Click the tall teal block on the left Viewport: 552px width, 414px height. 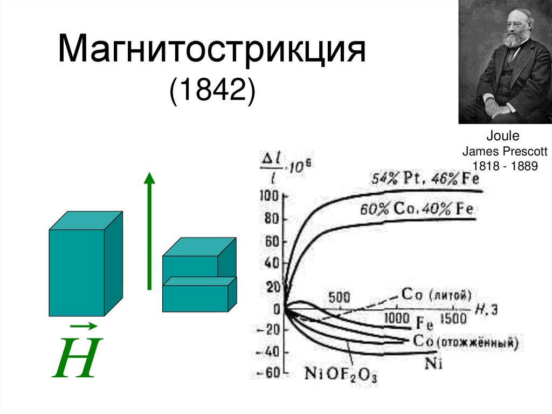click(76, 273)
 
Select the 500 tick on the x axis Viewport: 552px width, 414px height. click(339, 297)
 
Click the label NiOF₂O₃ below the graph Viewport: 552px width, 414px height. click(341, 373)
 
